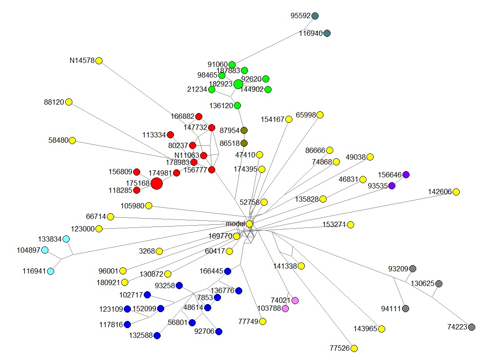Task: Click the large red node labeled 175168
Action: click(156, 183)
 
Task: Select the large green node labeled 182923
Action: click(238, 84)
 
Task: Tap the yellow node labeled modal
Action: click(250, 224)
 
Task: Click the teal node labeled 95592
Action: click(315, 16)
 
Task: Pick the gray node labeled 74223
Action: click(472, 327)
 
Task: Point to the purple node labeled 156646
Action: click(406, 175)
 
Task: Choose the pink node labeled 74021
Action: click(295, 301)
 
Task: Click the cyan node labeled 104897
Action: click(45, 250)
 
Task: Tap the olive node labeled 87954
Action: click(244, 130)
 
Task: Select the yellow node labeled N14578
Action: click(99, 60)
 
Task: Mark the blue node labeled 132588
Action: click(157, 336)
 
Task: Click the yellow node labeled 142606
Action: click(456, 192)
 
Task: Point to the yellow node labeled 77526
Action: click(354, 348)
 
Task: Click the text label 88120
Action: click(54, 102)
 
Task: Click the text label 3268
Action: click(147, 251)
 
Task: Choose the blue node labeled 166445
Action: click(228, 271)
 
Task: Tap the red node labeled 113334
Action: click(170, 135)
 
